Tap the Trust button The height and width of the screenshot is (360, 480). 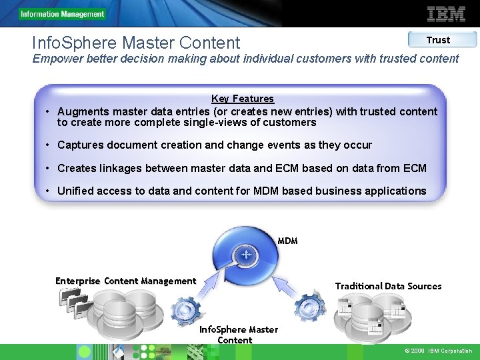438,40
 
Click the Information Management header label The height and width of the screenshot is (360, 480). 62,14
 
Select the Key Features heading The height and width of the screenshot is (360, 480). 243,99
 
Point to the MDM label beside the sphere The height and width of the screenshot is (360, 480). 287,241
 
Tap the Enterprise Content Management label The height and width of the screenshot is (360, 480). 125,281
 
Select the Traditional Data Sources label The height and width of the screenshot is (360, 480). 388,286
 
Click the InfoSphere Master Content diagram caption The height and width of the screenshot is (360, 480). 239,335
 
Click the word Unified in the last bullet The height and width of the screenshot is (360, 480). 76,191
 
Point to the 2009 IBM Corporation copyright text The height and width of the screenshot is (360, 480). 438,351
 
